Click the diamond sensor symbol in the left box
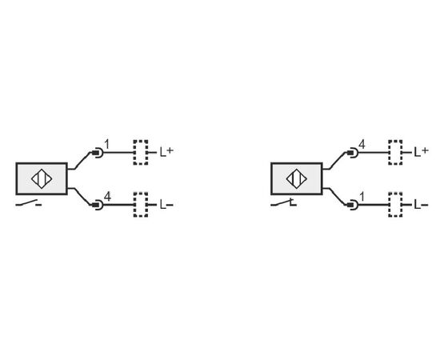point(42,178)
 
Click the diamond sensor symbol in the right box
point(296,178)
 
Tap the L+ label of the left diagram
point(166,152)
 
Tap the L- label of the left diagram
point(166,204)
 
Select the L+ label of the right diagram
point(422,152)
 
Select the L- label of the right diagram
point(421,205)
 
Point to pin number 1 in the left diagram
point(106,144)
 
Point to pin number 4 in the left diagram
point(107,197)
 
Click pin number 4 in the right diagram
point(362,145)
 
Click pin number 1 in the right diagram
point(362,197)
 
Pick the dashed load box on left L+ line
point(141,152)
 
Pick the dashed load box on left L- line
point(141,205)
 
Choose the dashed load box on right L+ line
point(395,152)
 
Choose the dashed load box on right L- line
point(395,205)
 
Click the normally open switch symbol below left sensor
point(29,203)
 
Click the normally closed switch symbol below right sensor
point(283,202)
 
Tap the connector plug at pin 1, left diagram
point(97,153)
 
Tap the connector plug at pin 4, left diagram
point(97,205)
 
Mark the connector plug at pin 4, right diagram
point(352,153)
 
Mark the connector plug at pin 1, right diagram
point(352,205)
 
